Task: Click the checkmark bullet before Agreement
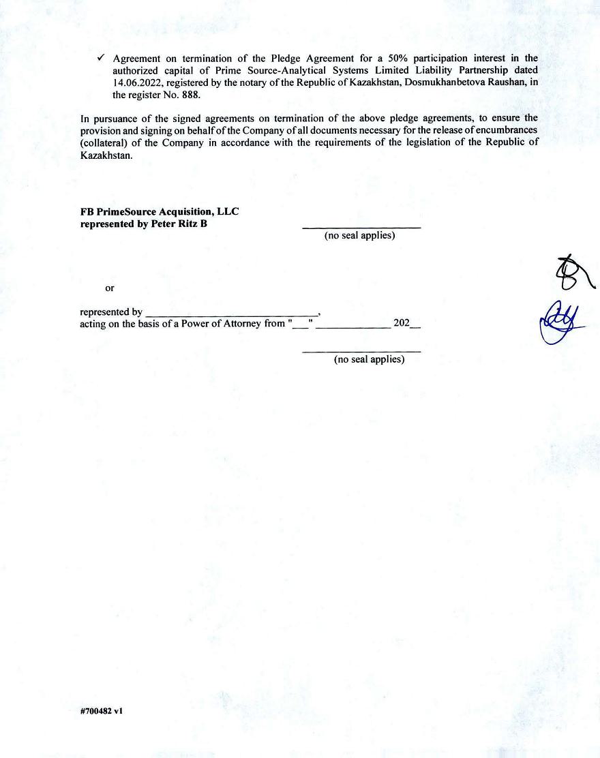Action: pos(102,58)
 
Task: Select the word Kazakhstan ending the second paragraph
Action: pos(103,155)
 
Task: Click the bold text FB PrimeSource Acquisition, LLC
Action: pos(160,211)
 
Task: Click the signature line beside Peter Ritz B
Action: pos(361,227)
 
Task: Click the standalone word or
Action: pos(110,288)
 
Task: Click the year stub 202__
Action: pos(407,324)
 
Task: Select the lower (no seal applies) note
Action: pos(369,359)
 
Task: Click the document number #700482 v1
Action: pos(102,710)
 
